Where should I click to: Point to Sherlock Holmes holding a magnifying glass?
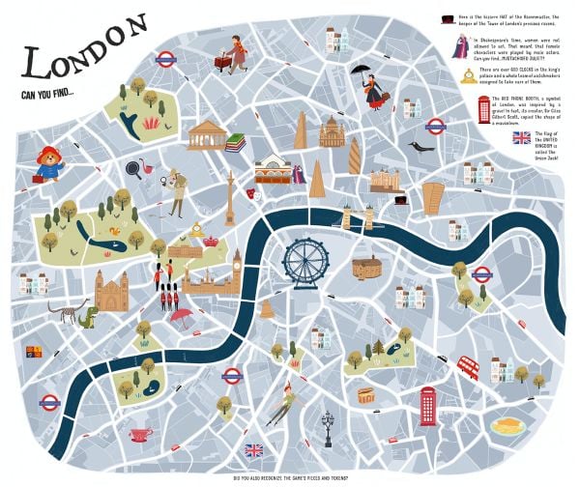(x=176, y=192)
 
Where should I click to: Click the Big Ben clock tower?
(x=237, y=271)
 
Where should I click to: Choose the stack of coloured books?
(x=235, y=143)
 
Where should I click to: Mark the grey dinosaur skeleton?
(x=66, y=312)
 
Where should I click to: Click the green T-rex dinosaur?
(x=89, y=315)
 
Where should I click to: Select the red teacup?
(x=140, y=434)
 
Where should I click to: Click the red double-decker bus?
(x=468, y=367)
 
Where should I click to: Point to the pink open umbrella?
(x=180, y=316)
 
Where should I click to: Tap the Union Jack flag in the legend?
(x=522, y=138)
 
